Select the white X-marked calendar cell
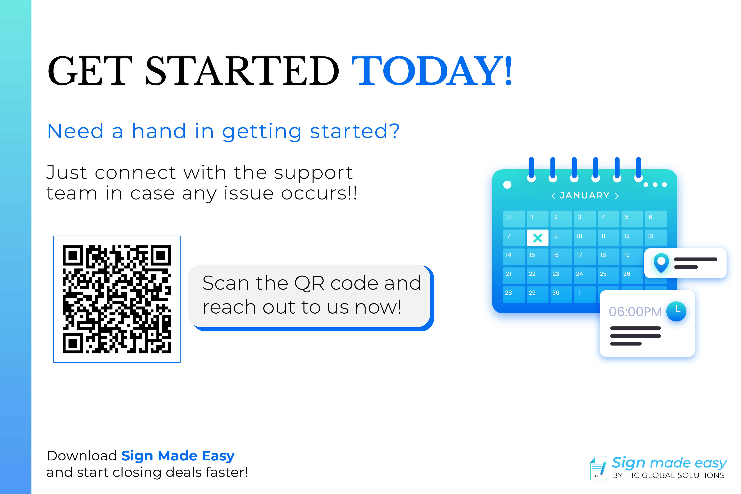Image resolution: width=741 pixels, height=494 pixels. point(537,238)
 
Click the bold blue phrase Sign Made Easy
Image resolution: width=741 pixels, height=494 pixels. point(178,456)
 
